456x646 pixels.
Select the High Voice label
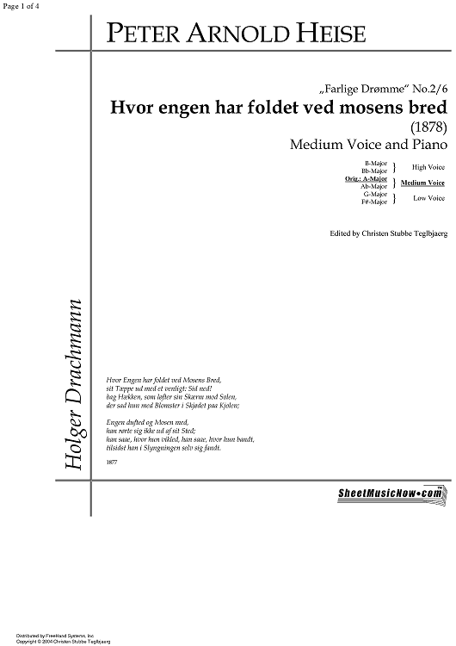point(428,166)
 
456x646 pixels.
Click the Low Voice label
point(428,198)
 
